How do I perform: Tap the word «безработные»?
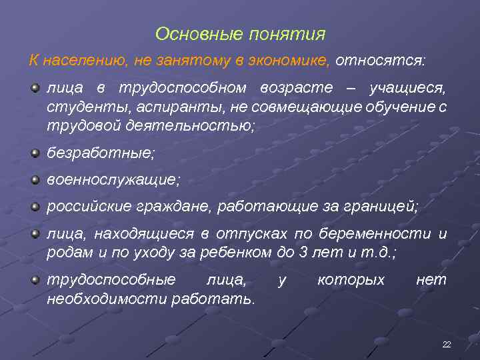[x=101, y=153]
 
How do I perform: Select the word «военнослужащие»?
[x=113, y=180]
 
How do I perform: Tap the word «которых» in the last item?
[x=351, y=280]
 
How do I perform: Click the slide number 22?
[x=447, y=344]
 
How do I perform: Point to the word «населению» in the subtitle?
[x=85, y=61]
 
